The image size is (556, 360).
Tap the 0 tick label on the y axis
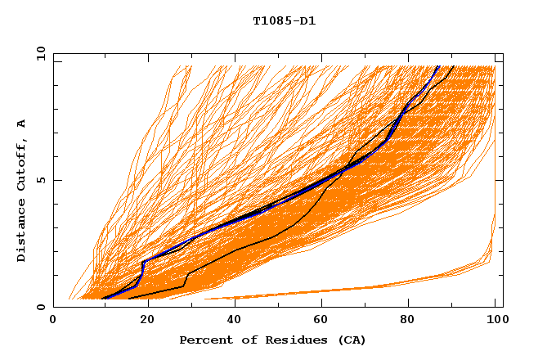40,307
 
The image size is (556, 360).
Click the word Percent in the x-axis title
202,340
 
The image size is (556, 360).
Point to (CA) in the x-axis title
350,340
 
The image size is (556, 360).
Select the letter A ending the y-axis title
21,124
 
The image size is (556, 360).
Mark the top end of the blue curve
438,66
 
